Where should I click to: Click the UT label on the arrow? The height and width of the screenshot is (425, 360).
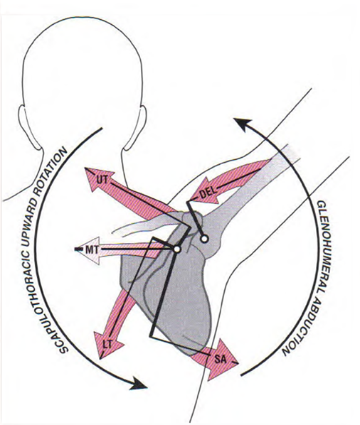[101, 180]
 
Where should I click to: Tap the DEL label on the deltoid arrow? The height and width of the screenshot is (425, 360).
[208, 193]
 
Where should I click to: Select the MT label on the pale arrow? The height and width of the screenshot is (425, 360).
[92, 249]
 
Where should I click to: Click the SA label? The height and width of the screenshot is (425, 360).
[220, 360]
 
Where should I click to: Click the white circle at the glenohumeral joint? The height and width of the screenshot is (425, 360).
[204, 239]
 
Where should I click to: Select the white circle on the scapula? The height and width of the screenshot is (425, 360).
[176, 249]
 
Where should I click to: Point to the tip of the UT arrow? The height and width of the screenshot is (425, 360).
[85, 168]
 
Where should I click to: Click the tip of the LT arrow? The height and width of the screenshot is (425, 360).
[100, 359]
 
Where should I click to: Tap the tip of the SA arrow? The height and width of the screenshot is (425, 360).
[238, 363]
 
